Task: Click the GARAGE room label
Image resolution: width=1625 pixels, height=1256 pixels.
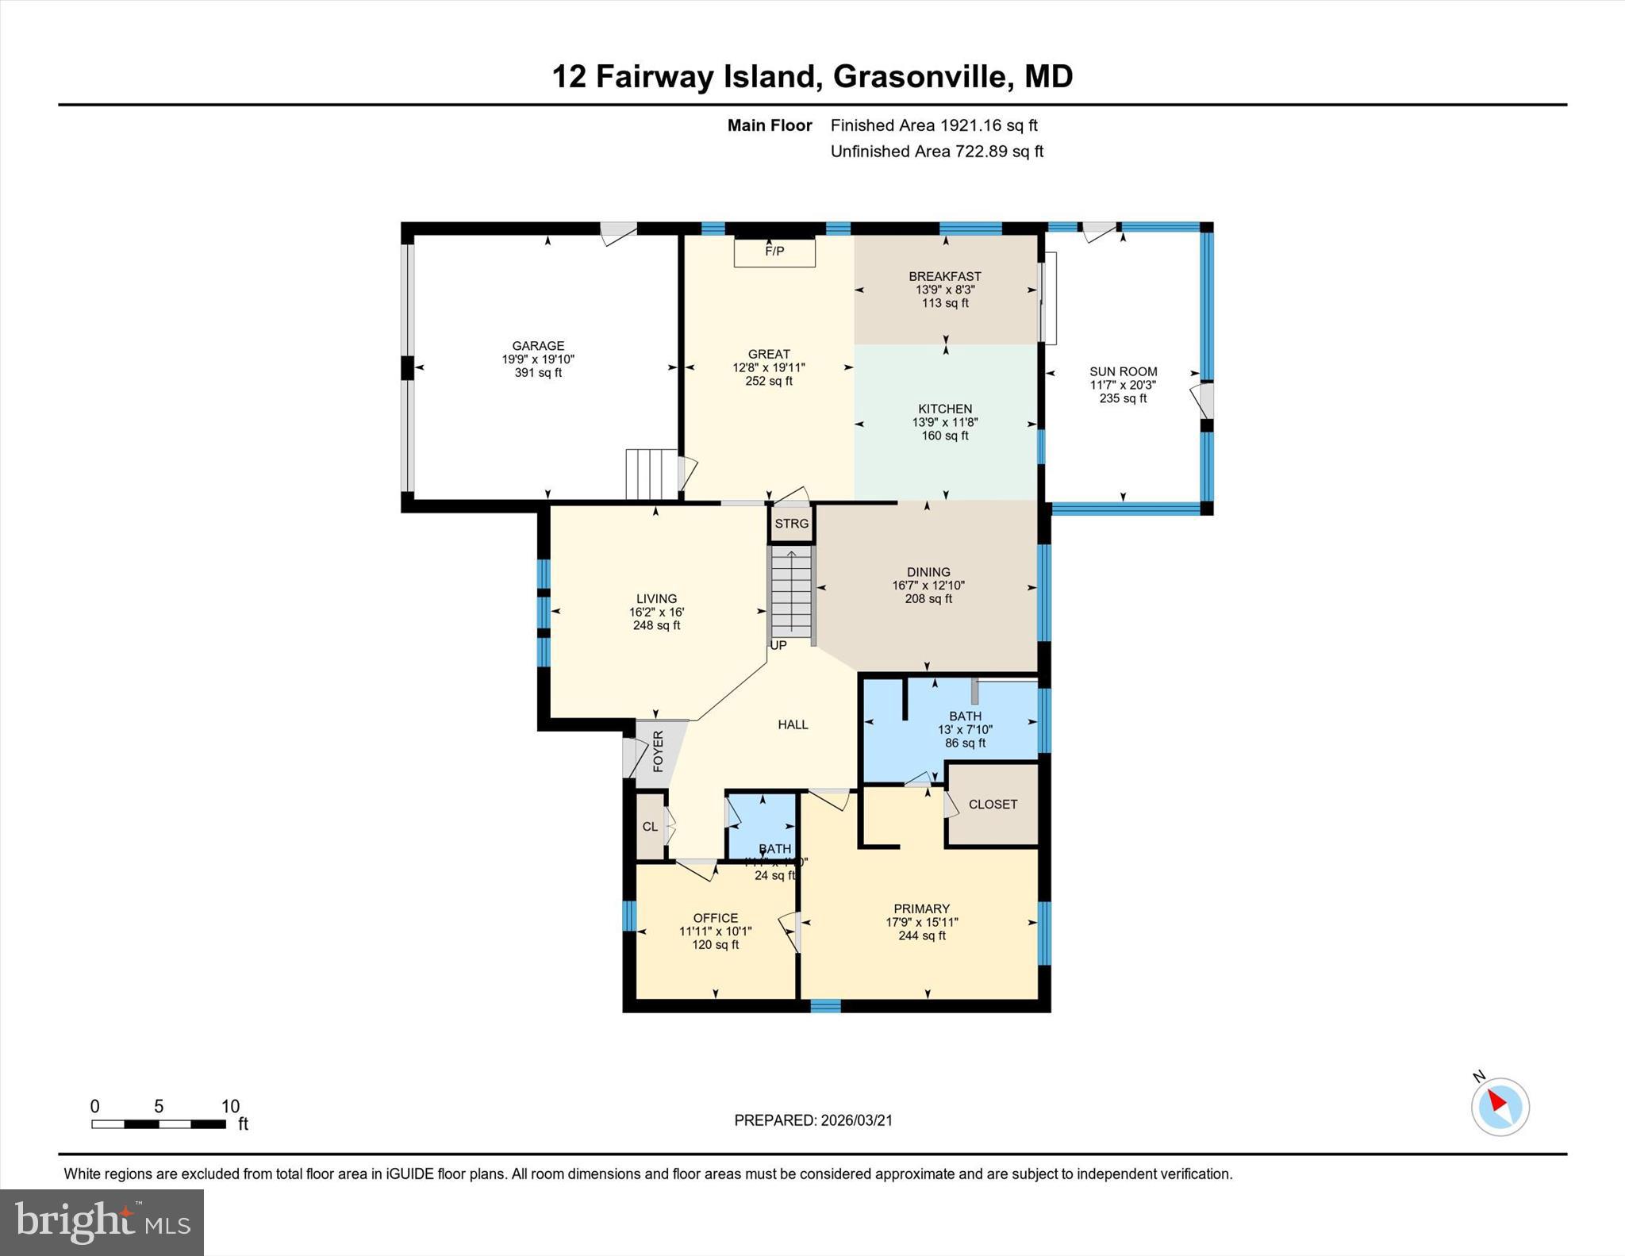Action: pos(538,346)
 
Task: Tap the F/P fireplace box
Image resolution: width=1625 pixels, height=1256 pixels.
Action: pos(774,252)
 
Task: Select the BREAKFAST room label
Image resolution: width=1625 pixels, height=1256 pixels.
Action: pos(944,276)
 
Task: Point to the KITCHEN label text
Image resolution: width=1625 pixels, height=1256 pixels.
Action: pos(944,409)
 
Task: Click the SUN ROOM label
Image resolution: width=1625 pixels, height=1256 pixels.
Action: pos(1123,371)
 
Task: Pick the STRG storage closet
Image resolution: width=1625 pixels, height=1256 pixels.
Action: pos(791,524)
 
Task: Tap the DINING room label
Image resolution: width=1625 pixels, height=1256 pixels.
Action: pos(928,572)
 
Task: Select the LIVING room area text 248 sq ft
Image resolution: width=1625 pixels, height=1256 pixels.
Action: pos(656,625)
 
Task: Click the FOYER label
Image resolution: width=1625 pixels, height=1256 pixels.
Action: pos(658,751)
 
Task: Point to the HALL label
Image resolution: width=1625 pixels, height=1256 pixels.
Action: pos(793,724)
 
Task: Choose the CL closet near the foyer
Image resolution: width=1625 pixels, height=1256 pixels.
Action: pos(650,826)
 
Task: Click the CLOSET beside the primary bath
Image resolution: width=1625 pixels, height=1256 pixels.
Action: pos(993,804)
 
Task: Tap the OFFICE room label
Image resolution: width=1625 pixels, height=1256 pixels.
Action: pos(715,918)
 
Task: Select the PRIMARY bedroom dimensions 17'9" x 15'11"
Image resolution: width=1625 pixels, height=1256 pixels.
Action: pos(921,922)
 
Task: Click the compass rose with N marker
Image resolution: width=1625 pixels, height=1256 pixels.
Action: pos(1500,1106)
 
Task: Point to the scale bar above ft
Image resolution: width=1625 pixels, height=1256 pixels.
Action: pos(158,1123)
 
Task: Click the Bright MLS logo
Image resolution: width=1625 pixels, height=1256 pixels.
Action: pos(102,1222)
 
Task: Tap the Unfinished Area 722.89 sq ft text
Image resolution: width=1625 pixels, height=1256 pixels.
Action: pos(936,152)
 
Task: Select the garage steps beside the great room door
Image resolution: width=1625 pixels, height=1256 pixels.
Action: pos(651,474)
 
